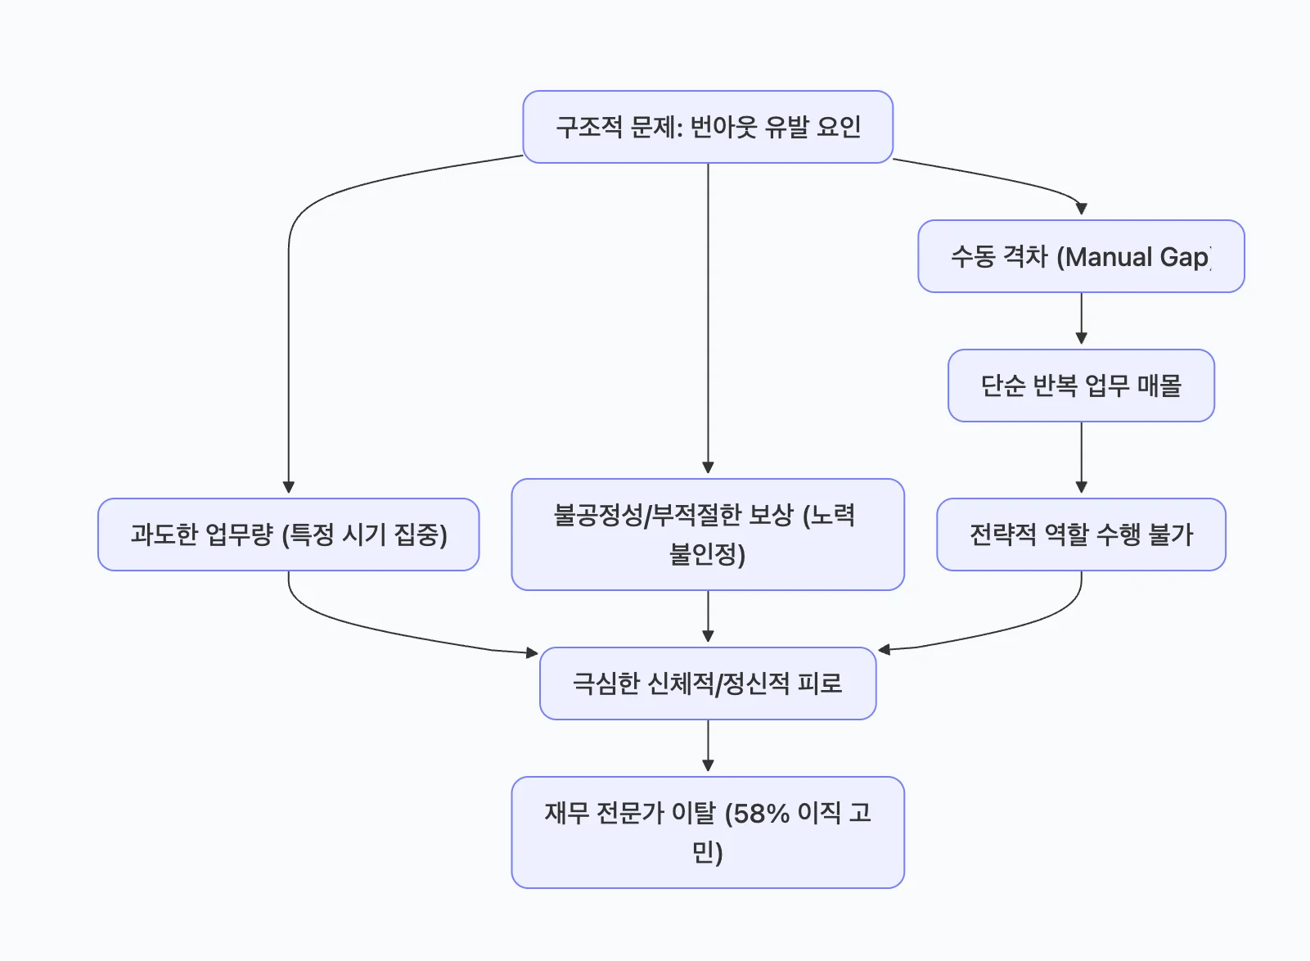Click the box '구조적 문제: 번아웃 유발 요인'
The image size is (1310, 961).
click(x=708, y=127)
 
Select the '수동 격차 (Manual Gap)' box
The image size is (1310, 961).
click(x=1081, y=256)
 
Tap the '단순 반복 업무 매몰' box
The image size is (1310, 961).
click(x=1081, y=386)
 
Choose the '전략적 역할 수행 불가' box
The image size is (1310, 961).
click(x=1081, y=535)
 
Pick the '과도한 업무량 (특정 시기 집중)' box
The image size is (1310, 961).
click(x=288, y=535)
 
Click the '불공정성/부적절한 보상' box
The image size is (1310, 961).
click(x=708, y=535)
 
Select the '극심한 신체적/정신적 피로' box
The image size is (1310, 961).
click(x=708, y=684)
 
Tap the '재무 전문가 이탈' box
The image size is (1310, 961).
click(x=708, y=832)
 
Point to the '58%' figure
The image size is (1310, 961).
click(x=761, y=814)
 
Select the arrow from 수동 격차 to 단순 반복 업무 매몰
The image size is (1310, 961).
click(x=1081, y=317)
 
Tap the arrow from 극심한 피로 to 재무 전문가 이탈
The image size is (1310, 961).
click(x=708, y=745)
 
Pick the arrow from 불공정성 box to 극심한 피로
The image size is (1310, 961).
click(x=708, y=616)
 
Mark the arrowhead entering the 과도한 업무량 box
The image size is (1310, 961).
click(x=288, y=487)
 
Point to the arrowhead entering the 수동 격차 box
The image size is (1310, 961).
click(x=1081, y=209)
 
